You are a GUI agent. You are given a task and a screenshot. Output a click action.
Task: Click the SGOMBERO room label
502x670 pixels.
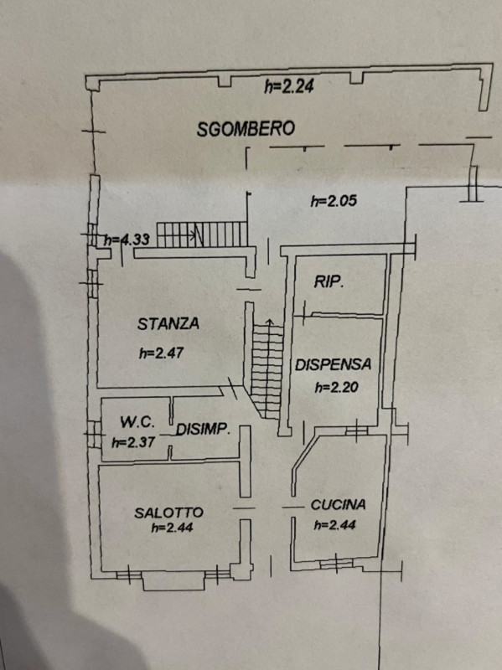click(x=246, y=129)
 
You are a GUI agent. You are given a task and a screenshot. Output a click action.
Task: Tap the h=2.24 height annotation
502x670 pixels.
click(x=289, y=86)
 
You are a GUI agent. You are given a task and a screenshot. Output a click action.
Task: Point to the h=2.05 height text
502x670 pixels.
click(x=334, y=200)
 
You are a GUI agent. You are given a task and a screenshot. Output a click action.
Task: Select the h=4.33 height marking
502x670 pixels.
click(x=127, y=239)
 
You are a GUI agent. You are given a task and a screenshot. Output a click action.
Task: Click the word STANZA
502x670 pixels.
click(x=168, y=323)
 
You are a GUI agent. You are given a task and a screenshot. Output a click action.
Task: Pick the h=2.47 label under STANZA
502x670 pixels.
click(x=161, y=353)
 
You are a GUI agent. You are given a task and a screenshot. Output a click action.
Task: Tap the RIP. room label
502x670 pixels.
click(x=329, y=281)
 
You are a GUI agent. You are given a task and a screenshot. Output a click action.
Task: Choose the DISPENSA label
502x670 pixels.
click(x=333, y=364)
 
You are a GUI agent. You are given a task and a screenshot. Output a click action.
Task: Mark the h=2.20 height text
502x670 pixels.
click(x=337, y=387)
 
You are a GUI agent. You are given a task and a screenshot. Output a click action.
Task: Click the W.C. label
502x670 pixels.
click(x=137, y=422)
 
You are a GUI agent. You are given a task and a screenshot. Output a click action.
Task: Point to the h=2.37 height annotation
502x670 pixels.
click(x=133, y=442)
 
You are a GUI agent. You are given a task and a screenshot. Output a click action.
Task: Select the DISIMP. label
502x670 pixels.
click(x=203, y=429)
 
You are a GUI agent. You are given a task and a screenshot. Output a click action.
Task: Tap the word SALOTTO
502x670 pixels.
click(x=169, y=513)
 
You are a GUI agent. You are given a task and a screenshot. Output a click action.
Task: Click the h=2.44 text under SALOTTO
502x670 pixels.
click(x=172, y=528)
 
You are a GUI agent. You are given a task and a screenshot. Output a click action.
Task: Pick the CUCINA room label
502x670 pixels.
click(x=339, y=505)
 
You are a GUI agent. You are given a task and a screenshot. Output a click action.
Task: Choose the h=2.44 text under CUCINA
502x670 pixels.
click(x=335, y=524)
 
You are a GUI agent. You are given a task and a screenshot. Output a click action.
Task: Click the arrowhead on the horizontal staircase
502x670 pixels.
click(x=195, y=234)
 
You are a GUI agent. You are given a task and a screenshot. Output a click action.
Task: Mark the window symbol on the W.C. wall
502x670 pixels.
click(x=94, y=434)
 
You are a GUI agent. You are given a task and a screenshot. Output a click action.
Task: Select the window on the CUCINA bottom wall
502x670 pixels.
click(x=337, y=563)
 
